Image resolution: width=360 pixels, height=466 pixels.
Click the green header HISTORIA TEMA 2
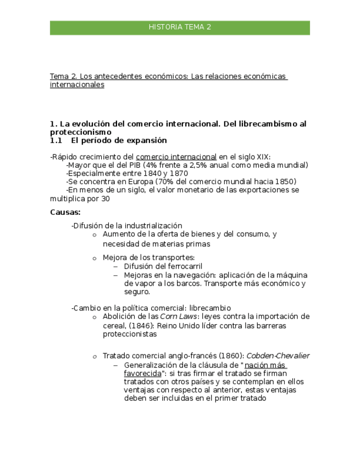click(180, 27)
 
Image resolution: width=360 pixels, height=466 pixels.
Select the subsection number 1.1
click(56, 141)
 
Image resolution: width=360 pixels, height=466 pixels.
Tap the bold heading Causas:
click(65, 212)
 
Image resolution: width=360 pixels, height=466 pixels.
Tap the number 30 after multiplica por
click(105, 199)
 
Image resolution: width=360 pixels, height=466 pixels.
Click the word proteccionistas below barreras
click(129, 334)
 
